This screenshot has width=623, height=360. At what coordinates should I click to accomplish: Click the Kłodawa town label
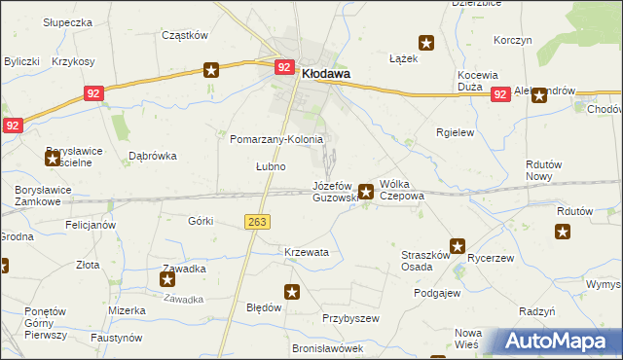tap(326, 72)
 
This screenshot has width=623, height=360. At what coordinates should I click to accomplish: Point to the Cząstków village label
tap(185, 35)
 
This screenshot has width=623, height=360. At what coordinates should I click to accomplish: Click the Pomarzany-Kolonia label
tap(276, 139)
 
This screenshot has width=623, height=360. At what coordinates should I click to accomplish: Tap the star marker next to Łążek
tap(426, 42)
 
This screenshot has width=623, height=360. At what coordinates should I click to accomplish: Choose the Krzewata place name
tap(307, 252)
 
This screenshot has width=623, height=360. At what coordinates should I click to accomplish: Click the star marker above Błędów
tap(292, 291)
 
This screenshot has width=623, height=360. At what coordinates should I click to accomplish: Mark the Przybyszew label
tap(349, 318)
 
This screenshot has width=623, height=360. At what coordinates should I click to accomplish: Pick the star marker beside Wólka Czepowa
tap(366, 192)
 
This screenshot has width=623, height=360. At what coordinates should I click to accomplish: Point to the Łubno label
tap(271, 166)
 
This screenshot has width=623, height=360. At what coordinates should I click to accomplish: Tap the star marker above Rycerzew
tap(457, 246)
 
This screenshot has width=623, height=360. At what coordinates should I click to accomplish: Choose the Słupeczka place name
tap(68, 21)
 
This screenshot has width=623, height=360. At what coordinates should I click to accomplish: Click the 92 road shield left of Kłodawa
tap(284, 67)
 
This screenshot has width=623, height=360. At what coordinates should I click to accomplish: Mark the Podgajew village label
tap(437, 293)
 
